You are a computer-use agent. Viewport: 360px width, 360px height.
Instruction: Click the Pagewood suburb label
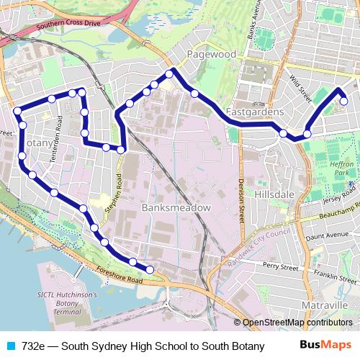coord(211,54)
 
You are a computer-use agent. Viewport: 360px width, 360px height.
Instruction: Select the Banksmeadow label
coord(176,207)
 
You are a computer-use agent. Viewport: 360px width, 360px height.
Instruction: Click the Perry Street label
coord(280,266)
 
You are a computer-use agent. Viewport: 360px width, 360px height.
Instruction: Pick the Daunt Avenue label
coord(326,235)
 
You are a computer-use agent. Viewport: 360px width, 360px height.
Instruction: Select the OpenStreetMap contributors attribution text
coord(297,323)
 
